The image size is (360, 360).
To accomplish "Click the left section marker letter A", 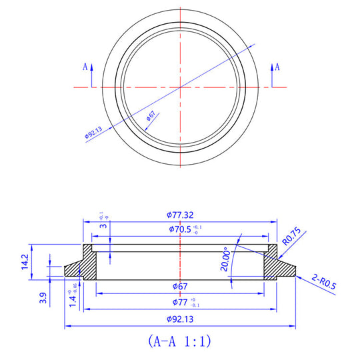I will [85, 67].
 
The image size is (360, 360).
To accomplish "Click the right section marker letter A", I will [277, 67].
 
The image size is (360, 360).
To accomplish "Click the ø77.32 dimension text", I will [180, 215].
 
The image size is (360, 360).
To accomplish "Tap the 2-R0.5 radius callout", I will [323, 281].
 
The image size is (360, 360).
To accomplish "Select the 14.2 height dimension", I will [25, 261].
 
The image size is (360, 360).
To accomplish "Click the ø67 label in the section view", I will [179, 287].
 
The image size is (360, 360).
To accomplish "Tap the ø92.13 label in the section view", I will [180, 319].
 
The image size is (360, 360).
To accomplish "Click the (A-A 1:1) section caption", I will [179, 342].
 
